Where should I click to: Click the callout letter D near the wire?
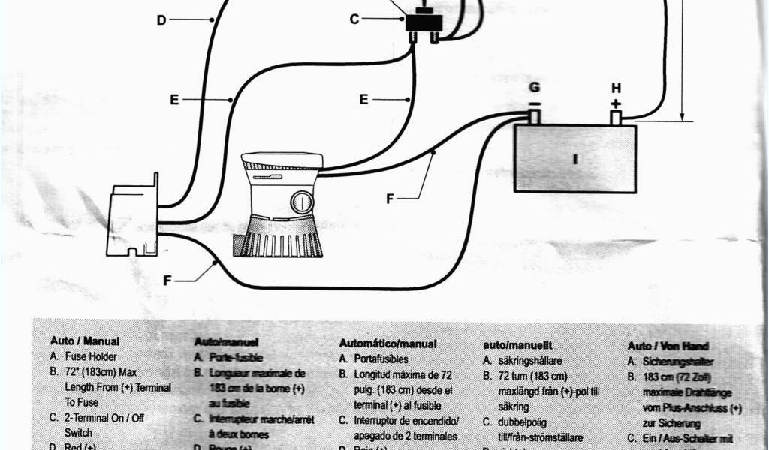161,20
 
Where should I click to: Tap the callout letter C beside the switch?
354,19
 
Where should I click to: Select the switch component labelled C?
423,22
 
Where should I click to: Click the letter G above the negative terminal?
534,88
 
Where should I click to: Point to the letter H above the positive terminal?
616,88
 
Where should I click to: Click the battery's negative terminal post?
535,117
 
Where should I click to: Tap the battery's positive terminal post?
616,118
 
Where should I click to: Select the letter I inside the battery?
575,159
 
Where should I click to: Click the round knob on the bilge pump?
302,202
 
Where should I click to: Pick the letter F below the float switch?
167,280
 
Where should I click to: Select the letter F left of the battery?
390,199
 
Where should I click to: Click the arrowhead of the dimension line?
683,115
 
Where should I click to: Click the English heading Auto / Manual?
85,340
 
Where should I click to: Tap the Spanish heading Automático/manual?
388,343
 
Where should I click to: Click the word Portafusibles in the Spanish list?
381,359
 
